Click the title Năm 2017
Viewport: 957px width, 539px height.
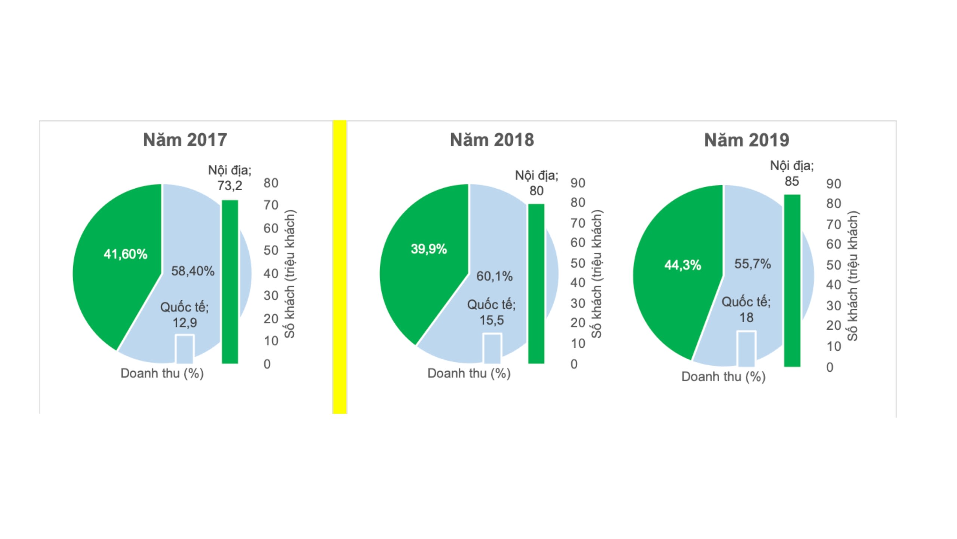[x=185, y=140]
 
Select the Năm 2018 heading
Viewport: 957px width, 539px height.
[x=492, y=140]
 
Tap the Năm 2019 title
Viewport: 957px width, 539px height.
[x=747, y=140]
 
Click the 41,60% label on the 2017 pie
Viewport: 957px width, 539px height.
[x=126, y=254]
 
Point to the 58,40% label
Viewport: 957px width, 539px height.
[x=193, y=271]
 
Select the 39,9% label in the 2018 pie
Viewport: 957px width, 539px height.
[x=429, y=249]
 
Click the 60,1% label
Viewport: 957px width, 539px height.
[x=494, y=276]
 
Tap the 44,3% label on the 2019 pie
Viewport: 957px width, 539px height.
[x=683, y=265]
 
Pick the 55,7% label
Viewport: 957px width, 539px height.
[x=753, y=264]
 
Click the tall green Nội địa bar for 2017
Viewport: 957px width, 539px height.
[x=230, y=281]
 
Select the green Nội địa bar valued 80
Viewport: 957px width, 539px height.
[x=536, y=283]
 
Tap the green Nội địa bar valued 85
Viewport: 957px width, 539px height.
[x=792, y=280]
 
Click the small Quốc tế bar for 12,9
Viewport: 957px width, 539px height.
[x=185, y=349]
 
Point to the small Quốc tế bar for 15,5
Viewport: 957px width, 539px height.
[x=492, y=348]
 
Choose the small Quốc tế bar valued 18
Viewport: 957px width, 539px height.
[x=746, y=348]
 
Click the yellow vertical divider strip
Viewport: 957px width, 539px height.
[x=339, y=267]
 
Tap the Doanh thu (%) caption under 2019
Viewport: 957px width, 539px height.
[x=723, y=377]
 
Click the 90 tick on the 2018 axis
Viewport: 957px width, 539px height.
[x=578, y=183]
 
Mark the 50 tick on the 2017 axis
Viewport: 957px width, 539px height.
[x=271, y=250]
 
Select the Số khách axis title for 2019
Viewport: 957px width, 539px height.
[x=853, y=276]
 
